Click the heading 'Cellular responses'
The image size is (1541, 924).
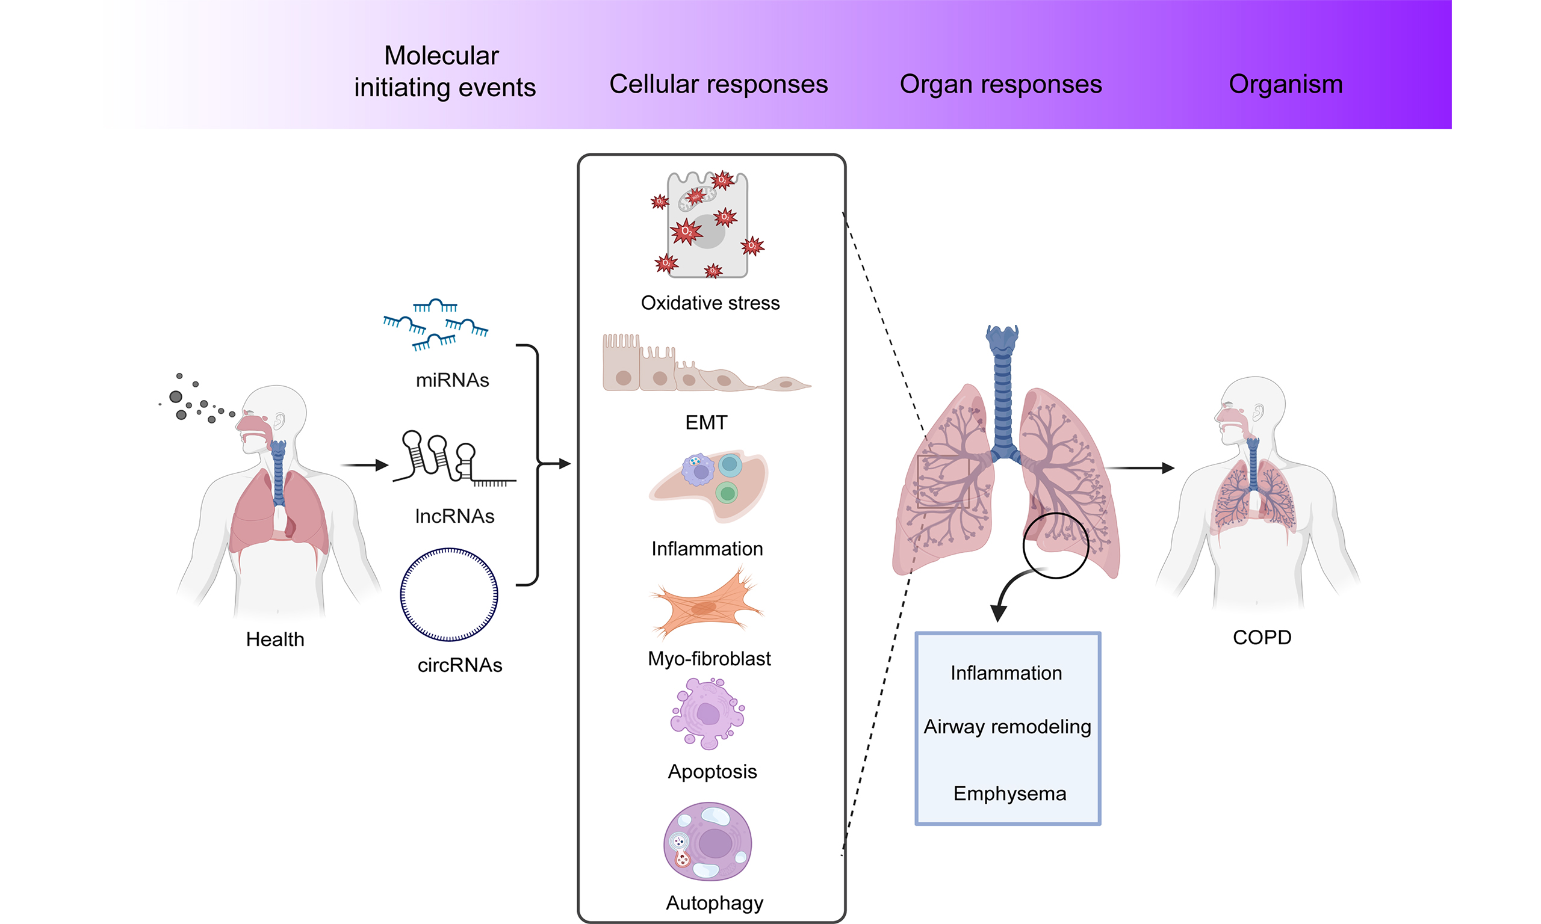pyautogui.click(x=718, y=84)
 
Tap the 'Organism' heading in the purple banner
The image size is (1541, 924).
pyautogui.click(x=1286, y=84)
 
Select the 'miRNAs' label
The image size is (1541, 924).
pyautogui.click(x=452, y=380)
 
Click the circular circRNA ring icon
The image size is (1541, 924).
pyautogui.click(x=448, y=594)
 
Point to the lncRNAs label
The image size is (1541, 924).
pyautogui.click(x=454, y=516)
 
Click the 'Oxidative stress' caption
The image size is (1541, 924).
pyautogui.click(x=710, y=303)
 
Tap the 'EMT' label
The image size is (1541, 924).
pyautogui.click(x=705, y=423)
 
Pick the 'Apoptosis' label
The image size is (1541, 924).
pyautogui.click(x=712, y=771)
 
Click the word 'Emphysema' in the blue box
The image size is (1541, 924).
pyautogui.click(x=1009, y=794)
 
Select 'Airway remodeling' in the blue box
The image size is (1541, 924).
pyautogui.click(x=1007, y=727)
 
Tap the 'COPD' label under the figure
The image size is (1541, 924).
pyautogui.click(x=1262, y=638)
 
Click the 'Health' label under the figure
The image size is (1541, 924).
pyautogui.click(x=274, y=639)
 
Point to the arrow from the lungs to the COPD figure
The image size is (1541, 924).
pyautogui.click(x=1140, y=467)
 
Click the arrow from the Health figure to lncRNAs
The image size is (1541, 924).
pyautogui.click(x=364, y=464)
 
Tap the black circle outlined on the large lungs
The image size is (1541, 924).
pyautogui.click(x=1055, y=546)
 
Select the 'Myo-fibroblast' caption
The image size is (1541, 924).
pyautogui.click(x=709, y=659)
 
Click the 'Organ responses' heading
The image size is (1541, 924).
pyautogui.click(x=1000, y=84)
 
